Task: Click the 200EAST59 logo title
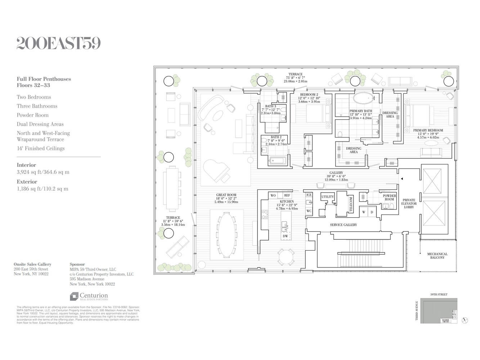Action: (58, 43)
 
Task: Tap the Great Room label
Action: (226, 195)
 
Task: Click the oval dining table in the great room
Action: (226, 235)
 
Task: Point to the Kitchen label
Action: (287, 202)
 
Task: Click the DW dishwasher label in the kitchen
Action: (285, 236)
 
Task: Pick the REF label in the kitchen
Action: (287, 195)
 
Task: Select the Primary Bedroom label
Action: (428, 130)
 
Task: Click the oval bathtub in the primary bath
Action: (364, 98)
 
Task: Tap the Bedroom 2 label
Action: (309, 95)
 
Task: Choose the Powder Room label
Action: (389, 198)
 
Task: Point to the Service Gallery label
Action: (343, 225)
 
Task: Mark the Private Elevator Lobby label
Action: (409, 203)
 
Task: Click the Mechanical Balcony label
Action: (437, 256)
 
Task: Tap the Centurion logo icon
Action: (74, 296)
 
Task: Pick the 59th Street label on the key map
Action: (439, 294)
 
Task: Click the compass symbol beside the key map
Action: (465, 320)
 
